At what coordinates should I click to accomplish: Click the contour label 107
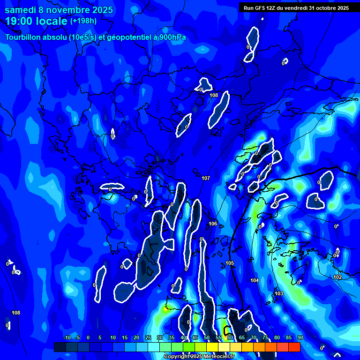click(206, 178)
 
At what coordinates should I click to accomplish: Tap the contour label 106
click(213, 224)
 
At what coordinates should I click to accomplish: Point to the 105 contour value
click(230, 263)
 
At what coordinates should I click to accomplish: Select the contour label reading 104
click(255, 280)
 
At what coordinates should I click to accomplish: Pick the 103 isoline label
click(279, 293)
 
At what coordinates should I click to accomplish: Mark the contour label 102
click(337, 277)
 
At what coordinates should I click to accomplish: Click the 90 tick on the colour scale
click(300, 337)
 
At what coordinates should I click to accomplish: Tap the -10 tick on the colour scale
click(67, 337)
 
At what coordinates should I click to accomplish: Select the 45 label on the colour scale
click(195, 337)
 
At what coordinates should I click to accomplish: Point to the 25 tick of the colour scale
click(148, 337)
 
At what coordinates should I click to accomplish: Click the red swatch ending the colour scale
click(294, 347)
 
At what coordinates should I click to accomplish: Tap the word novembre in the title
click(73, 10)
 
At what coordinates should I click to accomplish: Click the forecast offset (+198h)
click(83, 21)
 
